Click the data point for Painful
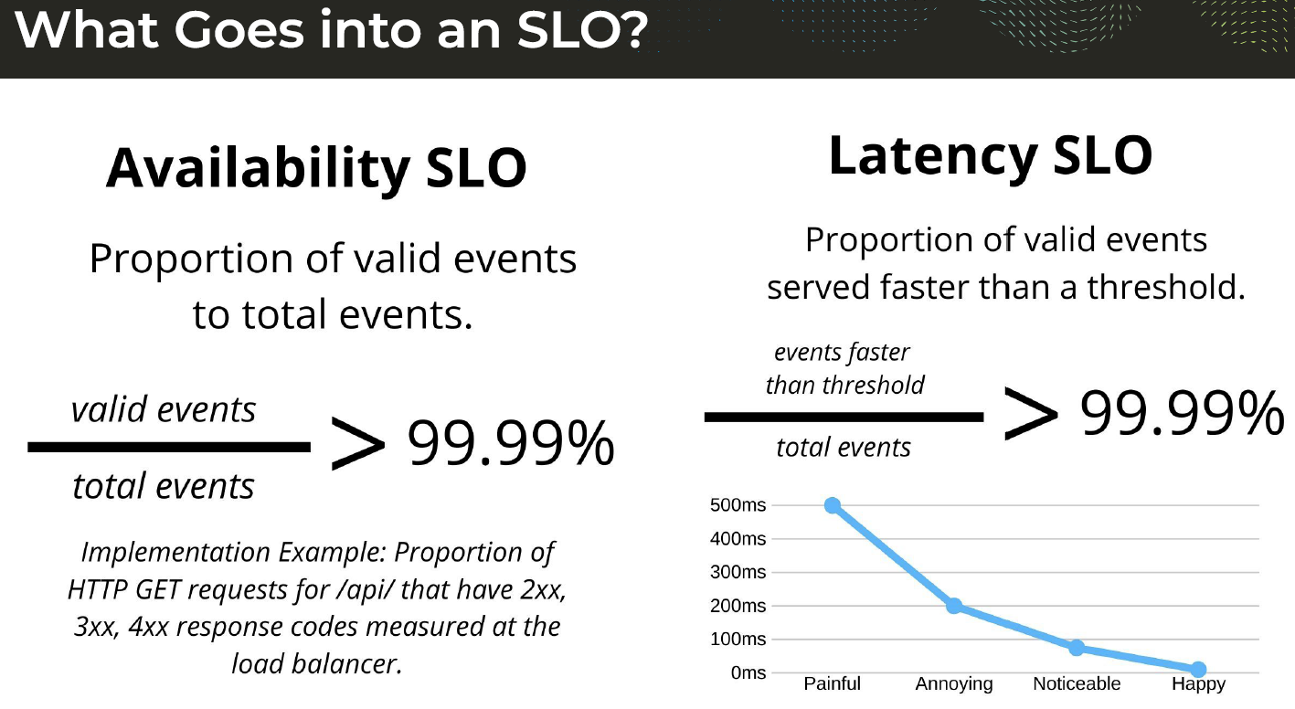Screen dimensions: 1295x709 pos(833,505)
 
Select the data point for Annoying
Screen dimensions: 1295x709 pos(954,606)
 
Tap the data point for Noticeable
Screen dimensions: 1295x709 pos(1077,648)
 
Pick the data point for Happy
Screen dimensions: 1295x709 pos(1198,669)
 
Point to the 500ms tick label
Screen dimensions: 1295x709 pos(738,505)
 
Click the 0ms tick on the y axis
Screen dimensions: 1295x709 pos(748,672)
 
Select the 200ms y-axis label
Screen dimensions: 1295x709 pos(738,606)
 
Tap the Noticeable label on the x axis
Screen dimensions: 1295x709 pos(1077,683)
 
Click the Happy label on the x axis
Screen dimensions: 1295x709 pos(1198,684)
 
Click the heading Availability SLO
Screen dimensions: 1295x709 pos(316,168)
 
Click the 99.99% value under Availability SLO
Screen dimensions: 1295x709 pos(511,443)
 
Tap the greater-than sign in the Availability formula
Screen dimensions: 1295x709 pos(358,444)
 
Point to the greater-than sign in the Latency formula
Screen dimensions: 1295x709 pos(1031,414)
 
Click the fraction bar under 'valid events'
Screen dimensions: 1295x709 pos(169,447)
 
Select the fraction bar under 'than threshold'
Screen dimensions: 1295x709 pos(844,417)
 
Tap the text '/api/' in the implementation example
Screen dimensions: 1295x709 pos(366,590)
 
